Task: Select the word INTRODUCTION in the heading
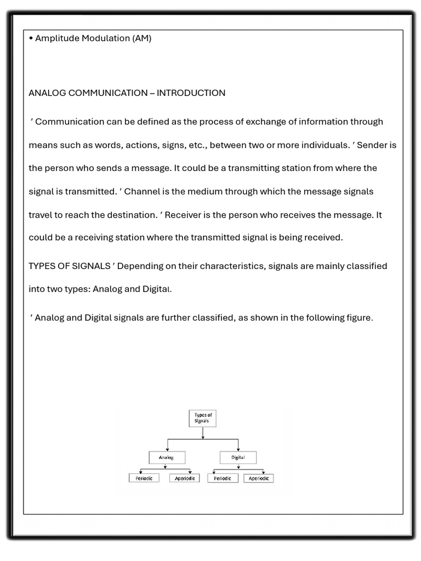pyautogui.click(x=191, y=93)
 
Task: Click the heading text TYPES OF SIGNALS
pyautogui.click(x=69, y=266)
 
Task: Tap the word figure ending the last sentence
pyautogui.click(x=359, y=318)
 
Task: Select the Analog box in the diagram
pyautogui.click(x=167, y=457)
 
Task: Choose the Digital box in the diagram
pyautogui.click(x=238, y=457)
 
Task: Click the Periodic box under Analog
pyautogui.click(x=144, y=478)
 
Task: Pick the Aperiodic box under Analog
pyautogui.click(x=185, y=478)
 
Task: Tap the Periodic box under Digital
pyautogui.click(x=223, y=478)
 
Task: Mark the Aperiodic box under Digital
pyautogui.click(x=258, y=478)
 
